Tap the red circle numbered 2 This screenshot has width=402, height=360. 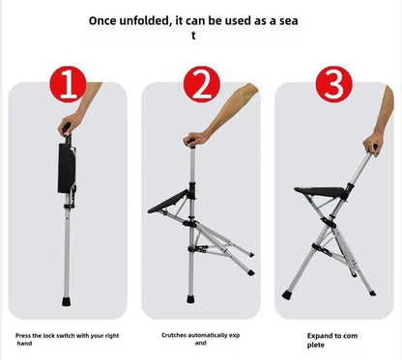[200, 85]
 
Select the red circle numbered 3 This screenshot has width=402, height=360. [333, 85]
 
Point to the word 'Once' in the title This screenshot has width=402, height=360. [106, 18]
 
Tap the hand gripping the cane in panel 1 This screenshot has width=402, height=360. [66, 126]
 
